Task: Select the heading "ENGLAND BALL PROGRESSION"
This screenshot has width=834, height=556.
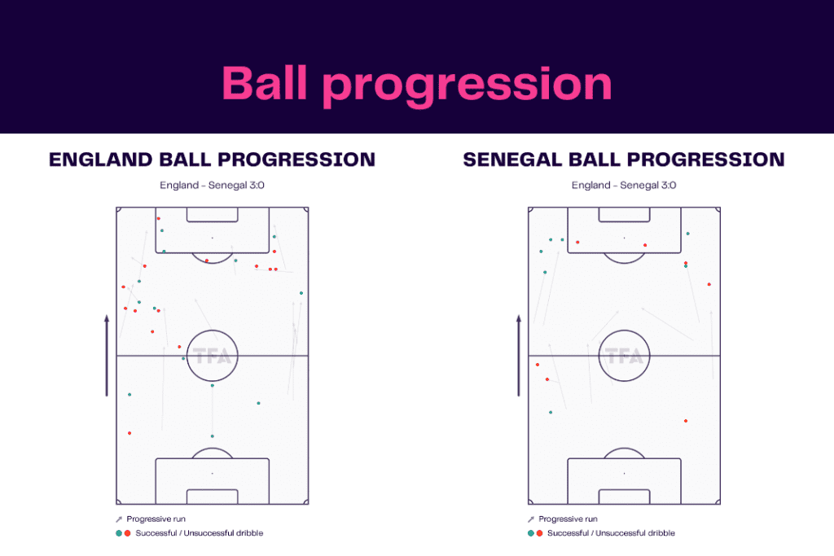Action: click(212, 160)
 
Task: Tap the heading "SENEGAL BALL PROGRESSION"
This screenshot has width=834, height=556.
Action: click(624, 160)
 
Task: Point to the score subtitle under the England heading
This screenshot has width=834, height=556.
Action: click(212, 185)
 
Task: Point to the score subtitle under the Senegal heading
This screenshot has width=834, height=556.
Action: click(624, 185)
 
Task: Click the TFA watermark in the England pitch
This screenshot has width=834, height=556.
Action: click(213, 357)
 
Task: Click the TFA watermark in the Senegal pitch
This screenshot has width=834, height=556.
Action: click(625, 357)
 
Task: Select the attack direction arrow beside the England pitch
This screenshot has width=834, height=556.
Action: click(107, 357)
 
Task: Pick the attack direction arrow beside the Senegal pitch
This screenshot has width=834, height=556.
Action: click(519, 357)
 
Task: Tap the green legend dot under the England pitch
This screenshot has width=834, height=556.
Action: click(119, 533)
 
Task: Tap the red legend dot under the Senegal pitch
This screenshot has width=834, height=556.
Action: click(539, 533)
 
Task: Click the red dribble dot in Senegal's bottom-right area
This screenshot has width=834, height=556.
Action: click(686, 421)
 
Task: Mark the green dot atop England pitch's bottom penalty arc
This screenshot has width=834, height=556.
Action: click(213, 436)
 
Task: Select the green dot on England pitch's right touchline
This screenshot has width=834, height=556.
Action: click(301, 293)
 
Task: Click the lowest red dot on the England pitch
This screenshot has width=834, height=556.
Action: click(129, 433)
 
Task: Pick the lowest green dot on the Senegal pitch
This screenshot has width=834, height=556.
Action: click(551, 413)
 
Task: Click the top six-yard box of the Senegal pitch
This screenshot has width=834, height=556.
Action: click(625, 214)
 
